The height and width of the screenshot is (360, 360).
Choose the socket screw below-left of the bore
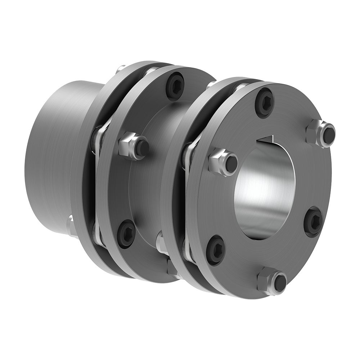[216, 249]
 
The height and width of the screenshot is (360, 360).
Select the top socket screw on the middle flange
[175, 85]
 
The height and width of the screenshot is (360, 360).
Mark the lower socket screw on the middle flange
[126, 233]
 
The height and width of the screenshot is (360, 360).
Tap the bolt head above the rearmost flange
[121, 68]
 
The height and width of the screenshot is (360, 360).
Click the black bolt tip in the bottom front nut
[280, 283]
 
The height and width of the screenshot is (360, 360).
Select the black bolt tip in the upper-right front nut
[328, 135]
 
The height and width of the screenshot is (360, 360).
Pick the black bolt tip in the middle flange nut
[142, 147]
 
